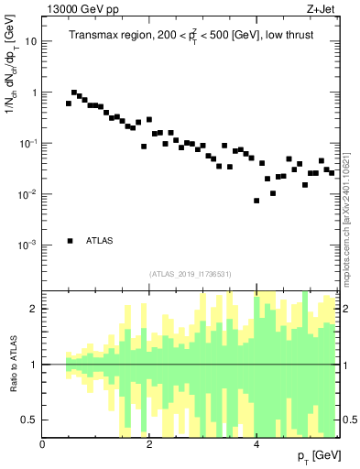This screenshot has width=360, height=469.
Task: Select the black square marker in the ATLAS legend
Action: point(71,241)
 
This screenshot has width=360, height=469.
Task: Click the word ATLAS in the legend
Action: point(100,241)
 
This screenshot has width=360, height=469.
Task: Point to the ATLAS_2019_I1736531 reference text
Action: point(190,274)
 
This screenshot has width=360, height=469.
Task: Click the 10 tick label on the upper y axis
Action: point(32,42)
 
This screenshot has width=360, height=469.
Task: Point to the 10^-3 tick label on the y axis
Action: point(29,245)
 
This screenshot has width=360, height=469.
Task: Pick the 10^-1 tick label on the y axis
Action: point(29,144)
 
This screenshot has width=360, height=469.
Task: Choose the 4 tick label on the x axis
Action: point(256,444)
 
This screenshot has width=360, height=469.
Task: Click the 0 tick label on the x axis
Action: point(43,444)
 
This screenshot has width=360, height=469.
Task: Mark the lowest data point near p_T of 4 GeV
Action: point(256,201)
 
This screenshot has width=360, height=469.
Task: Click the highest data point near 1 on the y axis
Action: point(74,93)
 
